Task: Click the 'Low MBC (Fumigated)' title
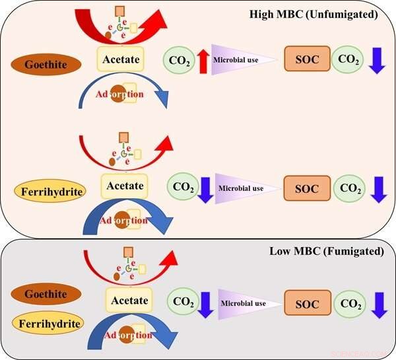pos(326,252)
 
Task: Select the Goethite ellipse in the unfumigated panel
pos(46,64)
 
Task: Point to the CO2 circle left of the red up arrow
pos(178,61)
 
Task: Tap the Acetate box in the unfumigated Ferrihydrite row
pos(125,186)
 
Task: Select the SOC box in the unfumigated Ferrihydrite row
pos(306,188)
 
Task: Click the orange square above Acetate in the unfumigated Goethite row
pos(120,11)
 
